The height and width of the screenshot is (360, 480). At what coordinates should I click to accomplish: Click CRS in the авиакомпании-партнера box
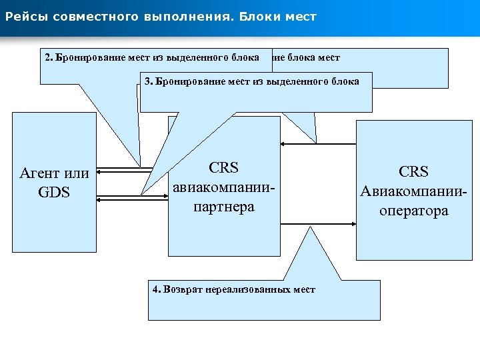tap(223, 168)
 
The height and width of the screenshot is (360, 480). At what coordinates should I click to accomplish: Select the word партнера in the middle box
tap(223, 207)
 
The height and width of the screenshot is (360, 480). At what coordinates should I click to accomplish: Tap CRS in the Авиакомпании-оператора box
tap(413, 172)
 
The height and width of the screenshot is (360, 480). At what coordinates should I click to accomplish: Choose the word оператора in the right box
tap(413, 211)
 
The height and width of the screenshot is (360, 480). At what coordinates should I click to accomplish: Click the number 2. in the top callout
tap(49, 57)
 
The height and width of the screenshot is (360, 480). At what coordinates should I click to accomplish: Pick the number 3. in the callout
tap(149, 81)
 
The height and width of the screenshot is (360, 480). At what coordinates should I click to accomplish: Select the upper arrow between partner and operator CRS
tap(317, 143)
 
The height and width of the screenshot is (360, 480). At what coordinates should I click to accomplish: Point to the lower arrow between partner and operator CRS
tap(317, 224)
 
